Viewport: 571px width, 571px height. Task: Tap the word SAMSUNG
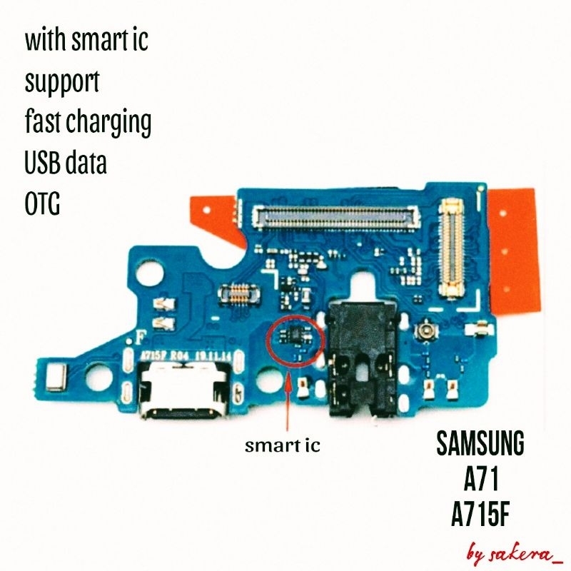(x=480, y=445)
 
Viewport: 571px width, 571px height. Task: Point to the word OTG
(x=42, y=205)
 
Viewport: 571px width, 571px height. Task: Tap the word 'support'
(x=62, y=82)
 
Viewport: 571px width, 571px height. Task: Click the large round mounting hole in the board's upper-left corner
(x=150, y=271)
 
